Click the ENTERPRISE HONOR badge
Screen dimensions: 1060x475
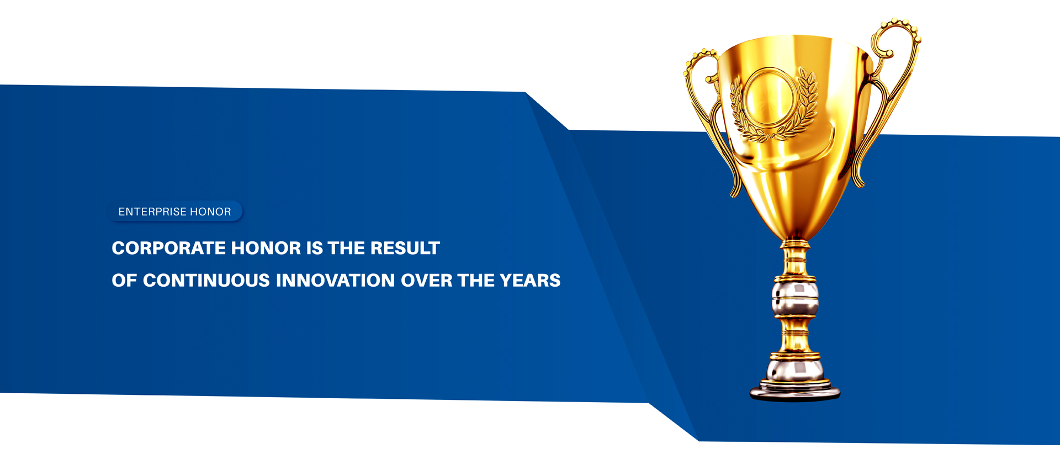[175, 212]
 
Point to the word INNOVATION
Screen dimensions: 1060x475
[335, 281]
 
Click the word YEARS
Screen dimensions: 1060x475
[530, 281]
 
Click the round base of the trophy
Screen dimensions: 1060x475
[794, 390]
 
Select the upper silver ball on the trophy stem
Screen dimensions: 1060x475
[795, 299]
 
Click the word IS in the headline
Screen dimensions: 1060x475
[315, 249]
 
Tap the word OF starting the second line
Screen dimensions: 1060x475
[124, 281]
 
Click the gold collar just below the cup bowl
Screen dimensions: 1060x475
[795, 244]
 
